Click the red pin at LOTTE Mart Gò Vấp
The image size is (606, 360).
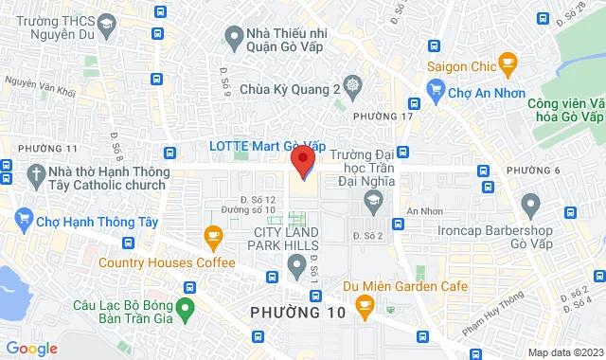coord(303,160)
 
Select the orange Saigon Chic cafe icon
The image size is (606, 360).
coord(508,65)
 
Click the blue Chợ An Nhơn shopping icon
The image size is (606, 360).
coord(436,91)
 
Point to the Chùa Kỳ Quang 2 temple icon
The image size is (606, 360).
coord(352,85)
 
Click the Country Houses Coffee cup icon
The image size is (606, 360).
coord(212,235)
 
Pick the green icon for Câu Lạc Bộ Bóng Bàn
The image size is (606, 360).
coord(186,307)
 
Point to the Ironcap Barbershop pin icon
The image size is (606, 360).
coord(530,203)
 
